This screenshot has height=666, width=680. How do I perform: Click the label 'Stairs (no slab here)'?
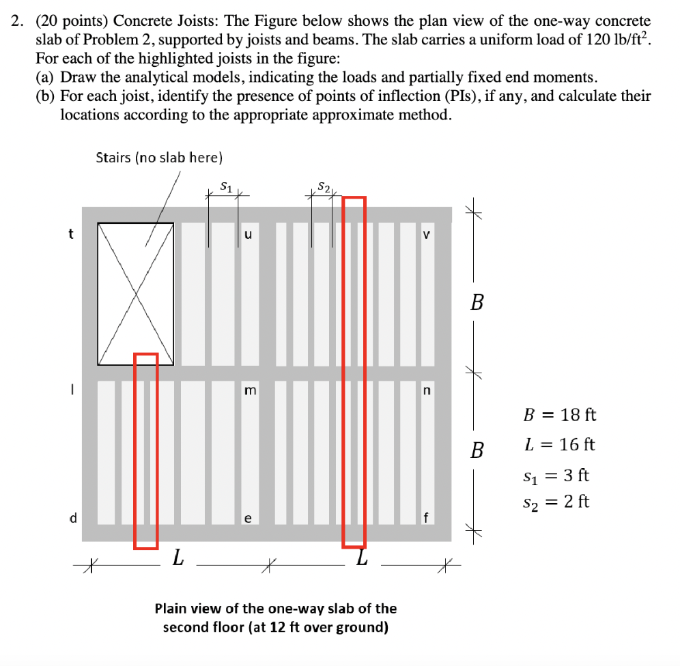pyautogui.click(x=159, y=158)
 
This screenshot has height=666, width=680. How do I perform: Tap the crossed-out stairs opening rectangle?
pyautogui.click(x=135, y=293)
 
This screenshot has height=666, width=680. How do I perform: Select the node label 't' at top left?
pyautogui.click(x=71, y=234)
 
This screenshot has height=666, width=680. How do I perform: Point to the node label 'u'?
pyautogui.click(x=248, y=234)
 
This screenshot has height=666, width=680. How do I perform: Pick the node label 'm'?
pyautogui.click(x=250, y=390)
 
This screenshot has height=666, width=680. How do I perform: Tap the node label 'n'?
pyautogui.click(x=427, y=390)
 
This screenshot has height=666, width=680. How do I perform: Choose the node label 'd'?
pyautogui.click(x=73, y=518)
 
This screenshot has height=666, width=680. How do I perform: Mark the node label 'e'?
pyautogui.click(x=248, y=519)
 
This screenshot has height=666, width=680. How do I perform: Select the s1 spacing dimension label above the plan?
pyautogui.click(x=227, y=186)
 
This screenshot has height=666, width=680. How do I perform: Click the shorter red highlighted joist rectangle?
pyautogui.click(x=145, y=450)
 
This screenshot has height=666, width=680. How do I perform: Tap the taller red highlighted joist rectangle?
pyautogui.click(x=354, y=372)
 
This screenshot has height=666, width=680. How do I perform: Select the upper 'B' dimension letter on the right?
pyautogui.click(x=477, y=302)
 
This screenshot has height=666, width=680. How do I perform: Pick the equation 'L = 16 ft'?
pyautogui.click(x=559, y=445)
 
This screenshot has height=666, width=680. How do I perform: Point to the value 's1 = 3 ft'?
pyautogui.click(x=556, y=474)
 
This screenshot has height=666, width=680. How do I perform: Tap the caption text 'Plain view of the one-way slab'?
pyautogui.click(x=275, y=608)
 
